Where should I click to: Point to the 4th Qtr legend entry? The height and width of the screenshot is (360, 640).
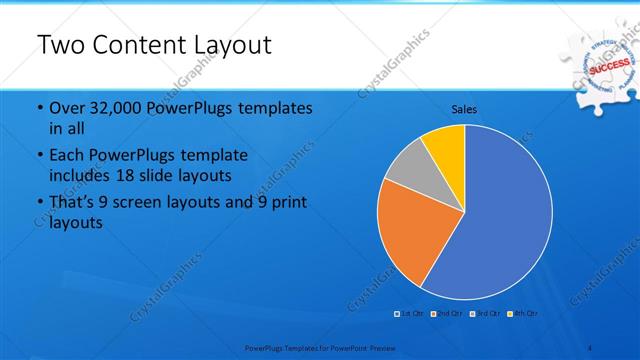(x=524, y=314)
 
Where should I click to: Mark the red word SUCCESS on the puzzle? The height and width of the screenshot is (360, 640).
(x=608, y=69)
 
